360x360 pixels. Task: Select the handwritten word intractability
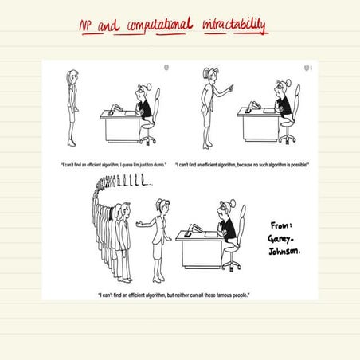click(237, 27)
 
